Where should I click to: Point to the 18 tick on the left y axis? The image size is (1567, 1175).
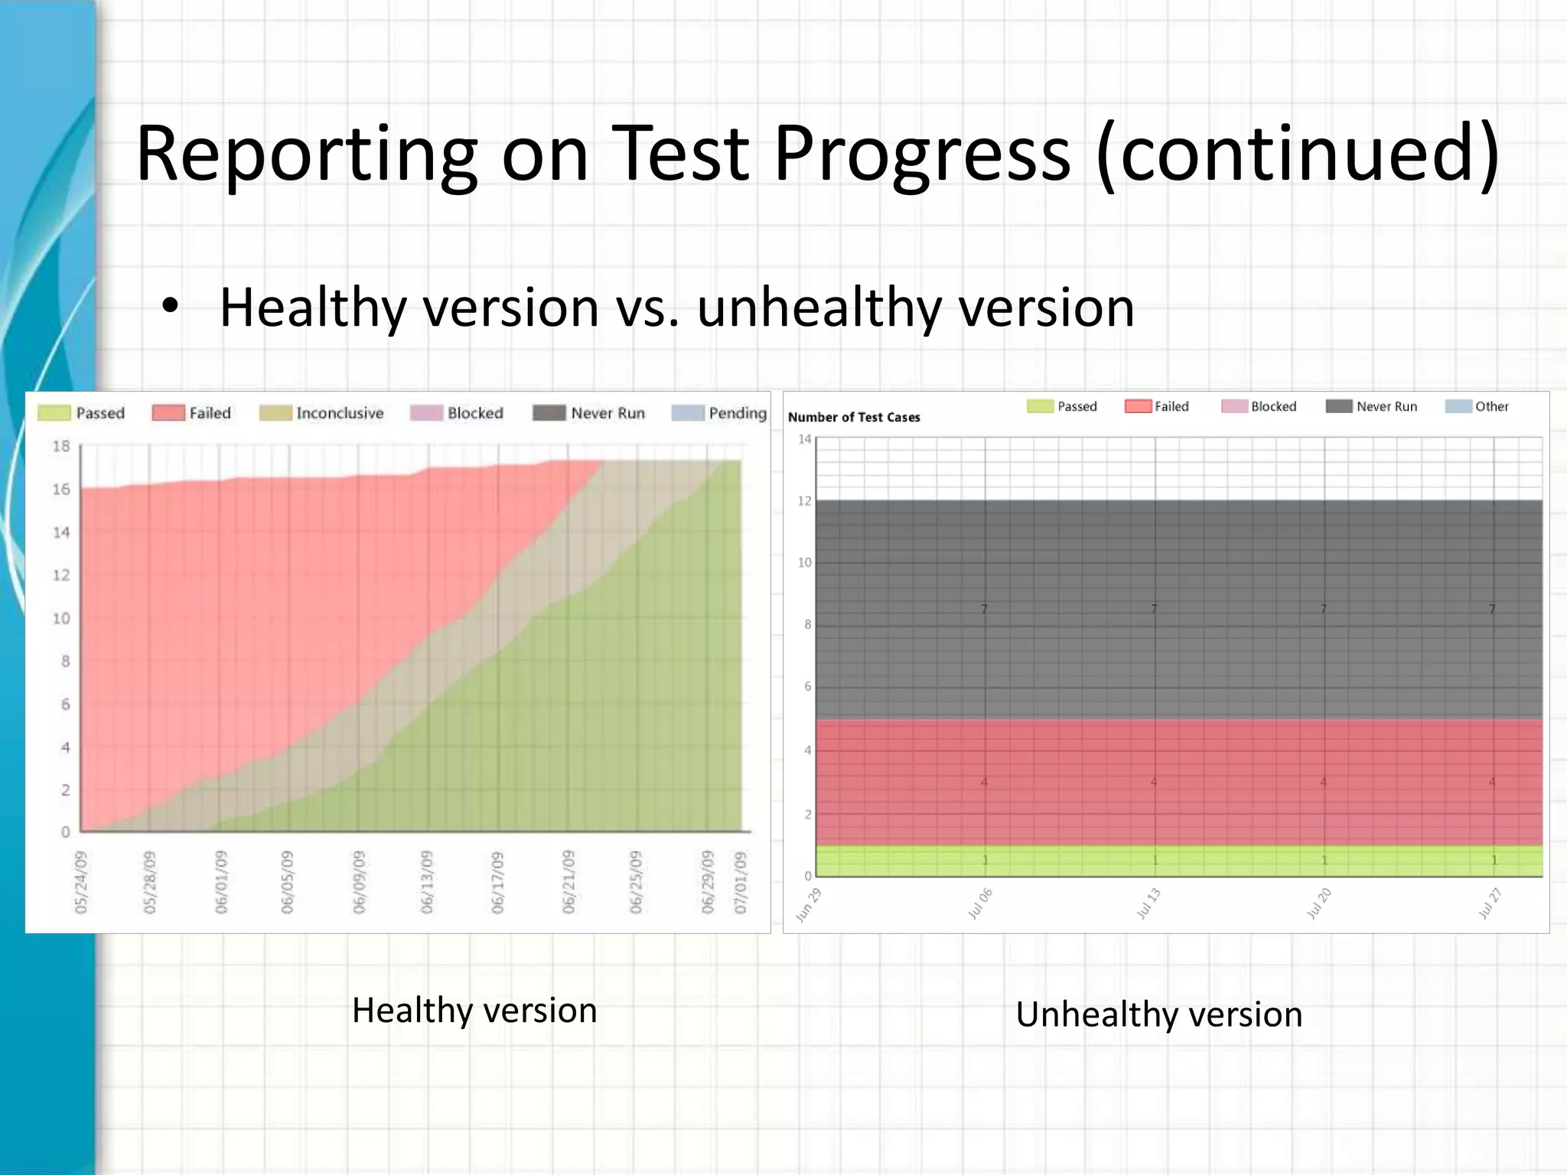pos(61,446)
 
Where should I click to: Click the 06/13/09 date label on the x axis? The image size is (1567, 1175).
pos(427,881)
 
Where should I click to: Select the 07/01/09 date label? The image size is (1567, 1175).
pos(740,881)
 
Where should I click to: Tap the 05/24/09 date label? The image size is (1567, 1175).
pos(81,881)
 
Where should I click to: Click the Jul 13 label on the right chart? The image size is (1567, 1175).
pos(1148,903)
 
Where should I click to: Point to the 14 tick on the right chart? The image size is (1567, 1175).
pos(804,439)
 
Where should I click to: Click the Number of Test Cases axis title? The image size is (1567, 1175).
pos(854,417)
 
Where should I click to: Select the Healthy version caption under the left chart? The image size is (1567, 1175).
pos(474,1011)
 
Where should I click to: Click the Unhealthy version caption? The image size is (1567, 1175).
pos(1158,1014)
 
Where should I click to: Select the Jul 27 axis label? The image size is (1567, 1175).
pos(1490,903)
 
